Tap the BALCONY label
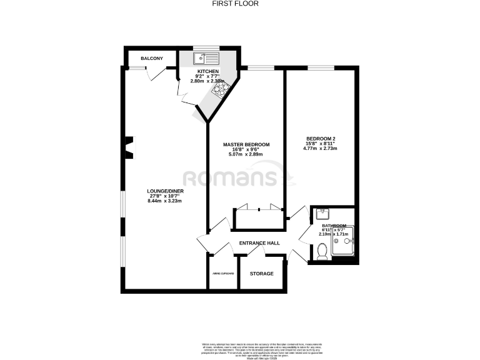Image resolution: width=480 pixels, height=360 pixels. click(152, 58)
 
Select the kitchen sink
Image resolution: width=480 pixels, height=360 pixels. click(206, 59)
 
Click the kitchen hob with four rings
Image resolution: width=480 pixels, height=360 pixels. click(221, 91)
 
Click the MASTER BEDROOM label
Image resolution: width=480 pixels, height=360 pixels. click(246, 144)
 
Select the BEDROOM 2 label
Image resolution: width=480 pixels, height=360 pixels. click(321, 138)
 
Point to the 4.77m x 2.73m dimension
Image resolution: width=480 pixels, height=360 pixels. click(321, 149)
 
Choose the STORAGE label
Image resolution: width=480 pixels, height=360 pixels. click(262, 273)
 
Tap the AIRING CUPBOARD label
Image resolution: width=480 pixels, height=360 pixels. click(222, 274)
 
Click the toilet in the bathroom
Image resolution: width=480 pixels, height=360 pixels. click(322, 252)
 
